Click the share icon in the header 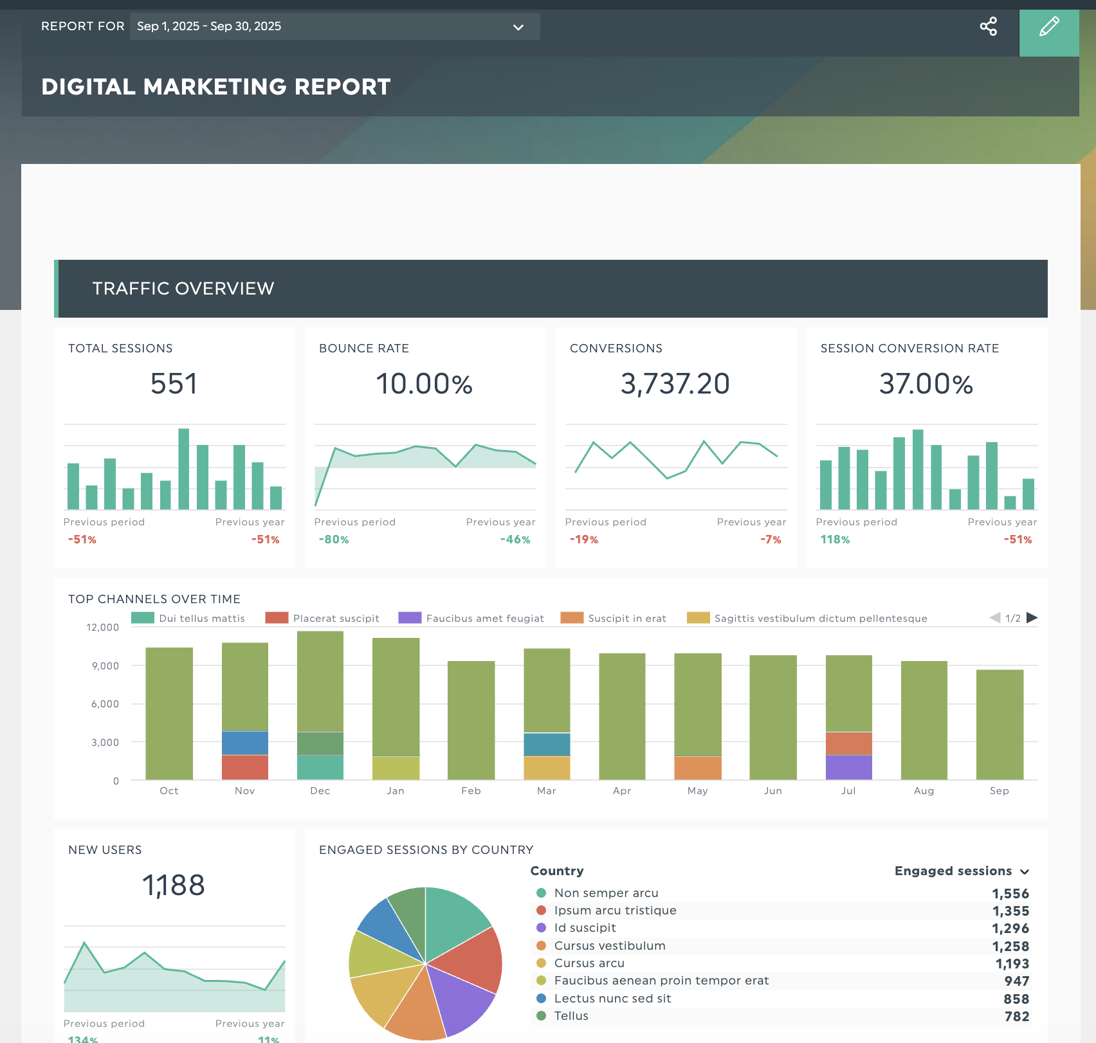(988, 26)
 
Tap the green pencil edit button (1049, 27)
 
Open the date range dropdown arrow (518, 27)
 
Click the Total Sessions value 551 (174, 384)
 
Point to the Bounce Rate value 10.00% (424, 384)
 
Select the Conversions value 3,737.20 (675, 384)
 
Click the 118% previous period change (835, 540)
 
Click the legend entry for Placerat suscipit (336, 618)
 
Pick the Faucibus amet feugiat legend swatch (410, 618)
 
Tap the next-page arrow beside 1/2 (1032, 618)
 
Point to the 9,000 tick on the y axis (105, 666)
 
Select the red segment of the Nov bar (245, 767)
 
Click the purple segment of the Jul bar (848, 767)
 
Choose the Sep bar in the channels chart (1000, 724)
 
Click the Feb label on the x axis (471, 791)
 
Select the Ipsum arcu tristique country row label (615, 911)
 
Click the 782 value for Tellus (1017, 1017)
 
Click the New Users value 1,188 (174, 885)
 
